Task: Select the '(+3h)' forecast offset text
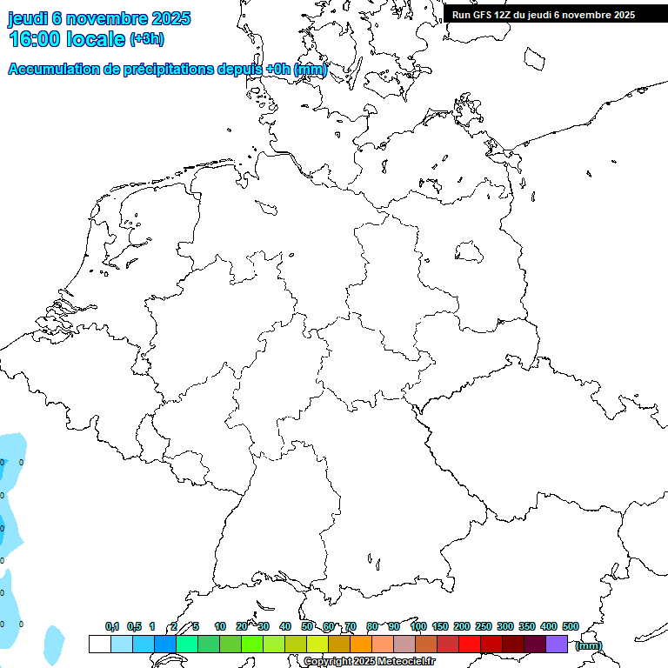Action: pos(146,39)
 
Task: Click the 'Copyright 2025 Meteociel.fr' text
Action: pos(369,662)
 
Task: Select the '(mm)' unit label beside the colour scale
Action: pos(588,645)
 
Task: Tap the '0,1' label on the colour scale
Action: pos(112,626)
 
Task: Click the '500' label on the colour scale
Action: pos(570,626)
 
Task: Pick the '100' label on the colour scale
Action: pos(417,626)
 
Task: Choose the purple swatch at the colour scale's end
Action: pos(557,644)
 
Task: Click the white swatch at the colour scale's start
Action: pos(99,644)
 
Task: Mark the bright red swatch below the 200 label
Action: pos(469,644)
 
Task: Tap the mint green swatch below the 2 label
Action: pos(187,644)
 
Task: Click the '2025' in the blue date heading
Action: pos(171,18)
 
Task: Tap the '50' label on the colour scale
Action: pos(307,626)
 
